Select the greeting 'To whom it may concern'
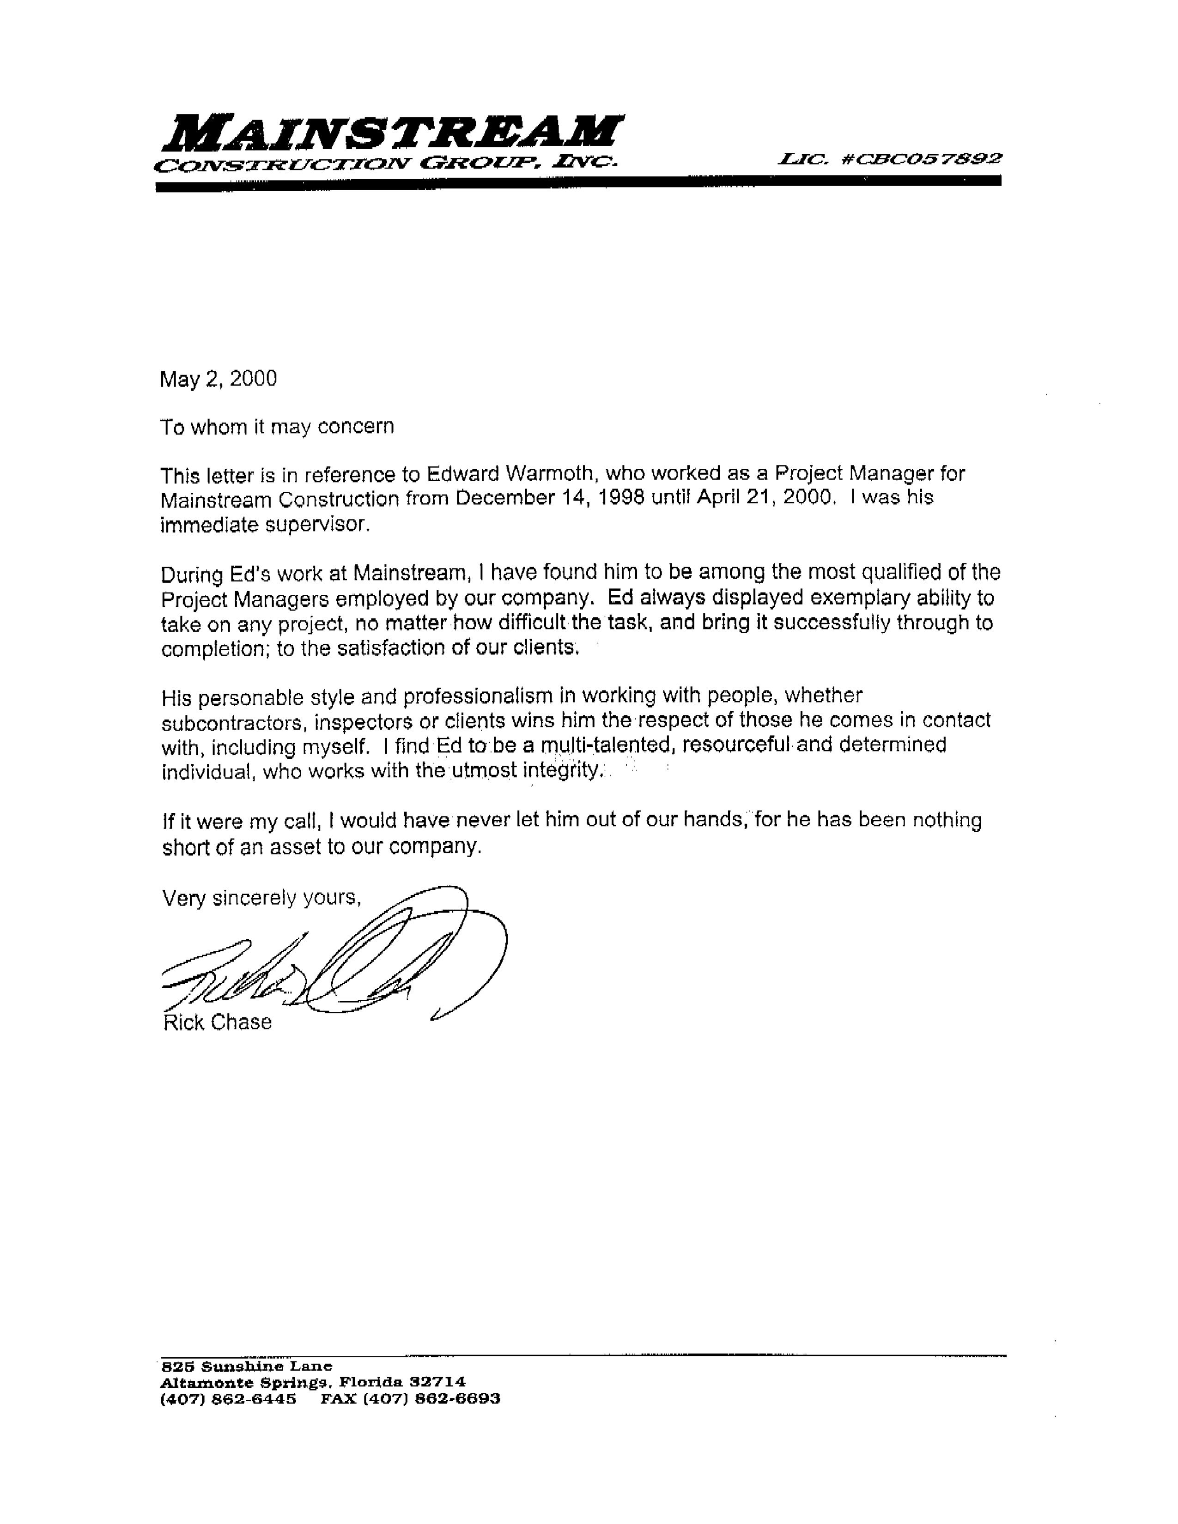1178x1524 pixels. [x=277, y=426]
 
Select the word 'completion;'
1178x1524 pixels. [x=216, y=649]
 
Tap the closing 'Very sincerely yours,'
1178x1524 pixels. [x=261, y=897]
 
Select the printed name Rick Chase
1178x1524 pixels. [x=217, y=1022]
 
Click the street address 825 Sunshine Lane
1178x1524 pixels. [x=246, y=1366]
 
